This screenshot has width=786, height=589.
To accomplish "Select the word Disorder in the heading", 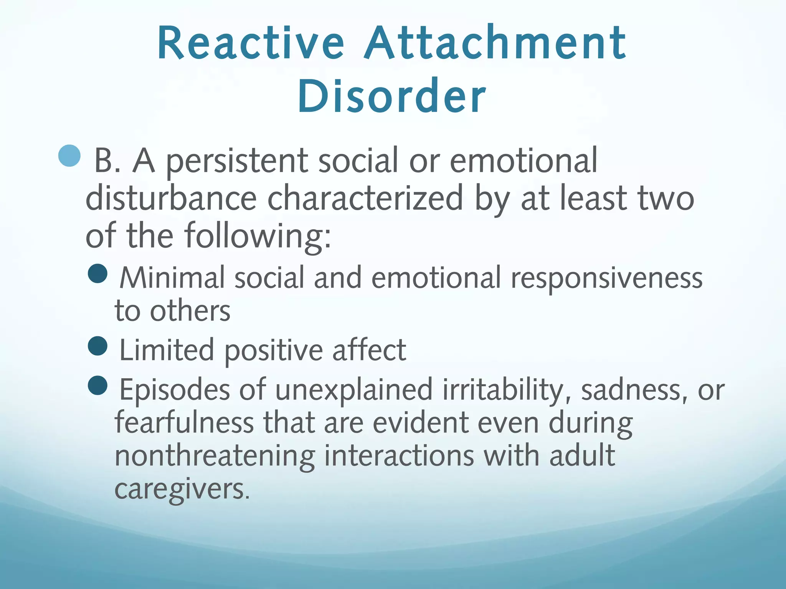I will [x=392, y=96].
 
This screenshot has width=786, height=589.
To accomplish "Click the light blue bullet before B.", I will [x=70, y=156].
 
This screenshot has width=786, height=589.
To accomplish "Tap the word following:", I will [x=258, y=236].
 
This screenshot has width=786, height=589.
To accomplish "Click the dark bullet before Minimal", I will [x=97, y=274].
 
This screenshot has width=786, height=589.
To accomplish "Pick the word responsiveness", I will [x=606, y=278].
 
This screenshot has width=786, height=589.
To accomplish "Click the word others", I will [x=190, y=311].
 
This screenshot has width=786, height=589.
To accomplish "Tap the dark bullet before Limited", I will [x=97, y=346].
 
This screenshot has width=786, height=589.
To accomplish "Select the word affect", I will [x=369, y=350].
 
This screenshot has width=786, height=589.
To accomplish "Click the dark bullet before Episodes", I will [x=97, y=385].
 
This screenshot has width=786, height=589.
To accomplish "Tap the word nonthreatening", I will [x=215, y=456].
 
